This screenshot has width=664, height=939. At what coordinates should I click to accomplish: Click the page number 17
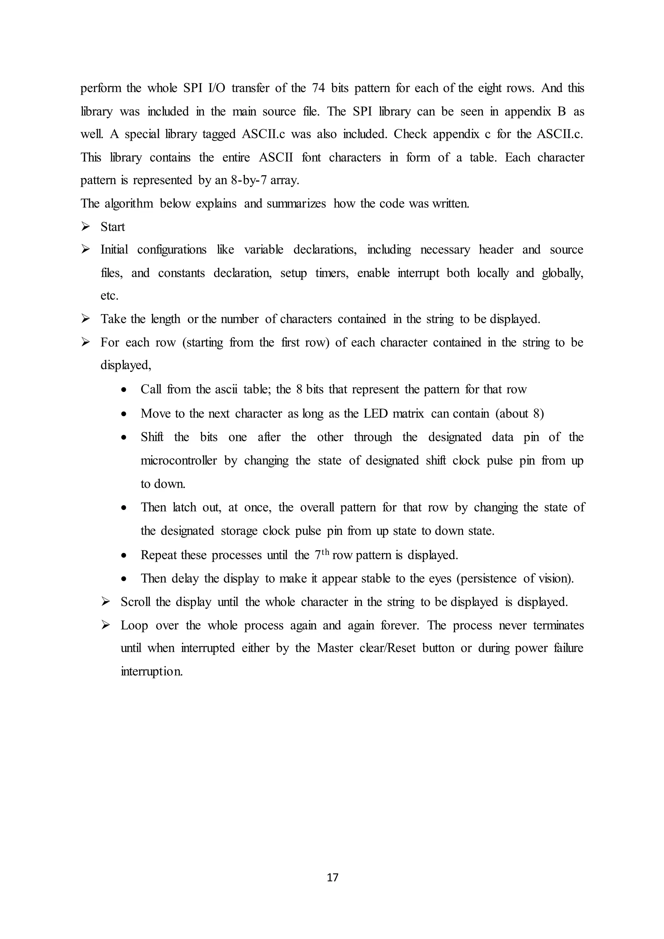tap(332, 877)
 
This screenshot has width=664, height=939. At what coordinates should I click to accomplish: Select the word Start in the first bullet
tap(113, 227)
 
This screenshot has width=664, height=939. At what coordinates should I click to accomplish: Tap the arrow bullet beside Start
tap(86, 226)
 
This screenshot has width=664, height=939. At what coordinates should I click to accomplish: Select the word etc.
tap(109, 296)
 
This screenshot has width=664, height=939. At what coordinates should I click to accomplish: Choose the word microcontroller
tap(179, 460)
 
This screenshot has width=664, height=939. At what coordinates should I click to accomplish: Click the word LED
tap(375, 413)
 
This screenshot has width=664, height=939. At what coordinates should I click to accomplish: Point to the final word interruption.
tap(151, 672)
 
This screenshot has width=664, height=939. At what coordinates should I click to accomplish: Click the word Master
tap(335, 648)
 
